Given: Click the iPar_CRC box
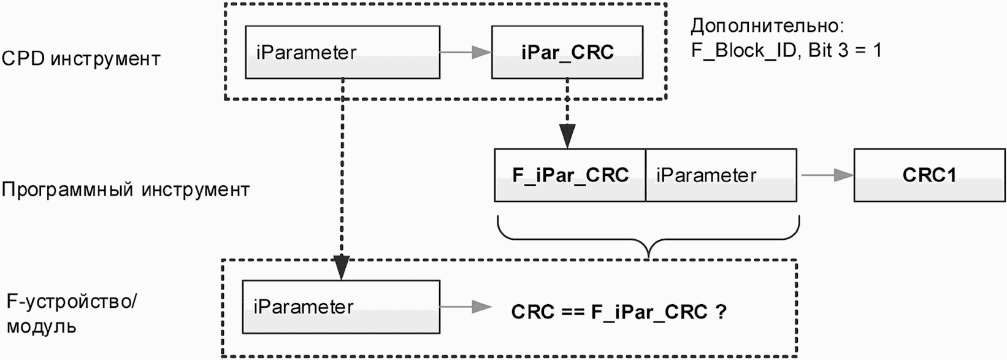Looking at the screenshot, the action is pos(567,52).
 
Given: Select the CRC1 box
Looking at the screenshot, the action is pos(929,175).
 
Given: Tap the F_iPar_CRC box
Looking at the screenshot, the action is pos(570,175).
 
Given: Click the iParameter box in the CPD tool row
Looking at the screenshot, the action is pos(343,52).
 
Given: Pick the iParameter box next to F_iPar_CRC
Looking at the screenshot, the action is pos(721,175).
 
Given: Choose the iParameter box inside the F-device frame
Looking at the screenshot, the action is pos(341,307).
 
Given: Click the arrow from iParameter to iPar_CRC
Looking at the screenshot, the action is pos(465,52).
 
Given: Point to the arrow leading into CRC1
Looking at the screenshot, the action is pos(828,175).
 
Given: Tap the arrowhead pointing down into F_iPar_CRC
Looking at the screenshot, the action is pos(567,136).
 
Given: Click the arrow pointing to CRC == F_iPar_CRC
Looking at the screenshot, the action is pos(466,307).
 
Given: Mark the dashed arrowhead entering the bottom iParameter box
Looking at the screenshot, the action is pos(342,268).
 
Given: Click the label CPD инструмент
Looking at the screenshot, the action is pos(81,59).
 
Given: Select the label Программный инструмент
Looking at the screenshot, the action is pos(126,190).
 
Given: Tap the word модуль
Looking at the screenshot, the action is pos(41,327).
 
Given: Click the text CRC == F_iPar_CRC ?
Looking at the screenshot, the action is pos(619,312).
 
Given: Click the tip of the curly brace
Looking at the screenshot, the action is pos(648,258).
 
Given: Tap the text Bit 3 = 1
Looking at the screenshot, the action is pos(844,50).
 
